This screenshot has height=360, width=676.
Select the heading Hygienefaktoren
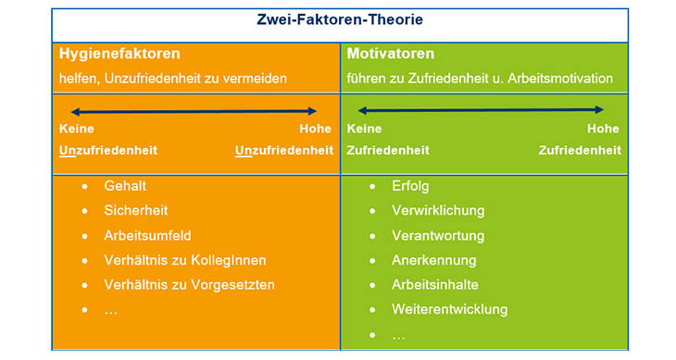pos(119,54)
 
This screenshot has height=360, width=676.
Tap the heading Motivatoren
pos(391,54)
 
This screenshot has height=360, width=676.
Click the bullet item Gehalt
pos(126,186)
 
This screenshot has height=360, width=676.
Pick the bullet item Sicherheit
pos(136,211)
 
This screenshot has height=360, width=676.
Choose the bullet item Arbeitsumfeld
pos(148,236)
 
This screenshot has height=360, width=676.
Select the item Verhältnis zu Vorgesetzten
pos(190,285)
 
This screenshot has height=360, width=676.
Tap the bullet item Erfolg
pos(411,186)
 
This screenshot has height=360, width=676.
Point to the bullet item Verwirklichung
pos(438,211)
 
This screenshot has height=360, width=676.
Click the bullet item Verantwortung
pos(439,236)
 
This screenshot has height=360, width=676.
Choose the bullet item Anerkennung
pos(434,260)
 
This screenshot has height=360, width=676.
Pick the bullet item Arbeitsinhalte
pos(435,285)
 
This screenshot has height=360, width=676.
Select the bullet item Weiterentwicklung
pos(450,310)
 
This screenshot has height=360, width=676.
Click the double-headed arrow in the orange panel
pos(194,110)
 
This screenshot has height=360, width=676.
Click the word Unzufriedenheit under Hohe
pos(284,150)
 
